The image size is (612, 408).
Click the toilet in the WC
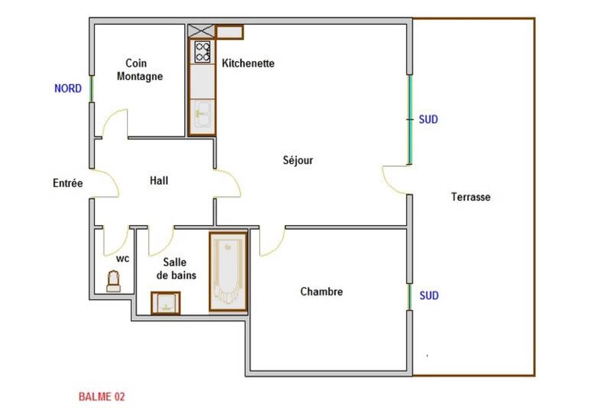114,281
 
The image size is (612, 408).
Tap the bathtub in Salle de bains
228,271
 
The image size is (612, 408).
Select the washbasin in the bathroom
166,303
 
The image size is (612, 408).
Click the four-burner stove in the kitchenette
202,52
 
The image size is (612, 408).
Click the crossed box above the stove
201,31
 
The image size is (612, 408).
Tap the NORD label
68,88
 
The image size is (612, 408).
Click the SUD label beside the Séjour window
428,120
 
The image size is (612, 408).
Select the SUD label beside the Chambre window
429,296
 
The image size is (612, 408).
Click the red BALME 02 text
102,397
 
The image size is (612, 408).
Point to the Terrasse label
471,197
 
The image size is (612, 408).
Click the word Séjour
298,160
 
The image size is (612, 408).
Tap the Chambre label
322,291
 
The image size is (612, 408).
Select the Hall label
159,181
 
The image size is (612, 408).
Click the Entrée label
68,183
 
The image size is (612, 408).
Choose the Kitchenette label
248,63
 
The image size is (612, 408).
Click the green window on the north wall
92,89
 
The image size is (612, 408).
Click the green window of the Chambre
410,297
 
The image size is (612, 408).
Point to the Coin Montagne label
140,70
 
